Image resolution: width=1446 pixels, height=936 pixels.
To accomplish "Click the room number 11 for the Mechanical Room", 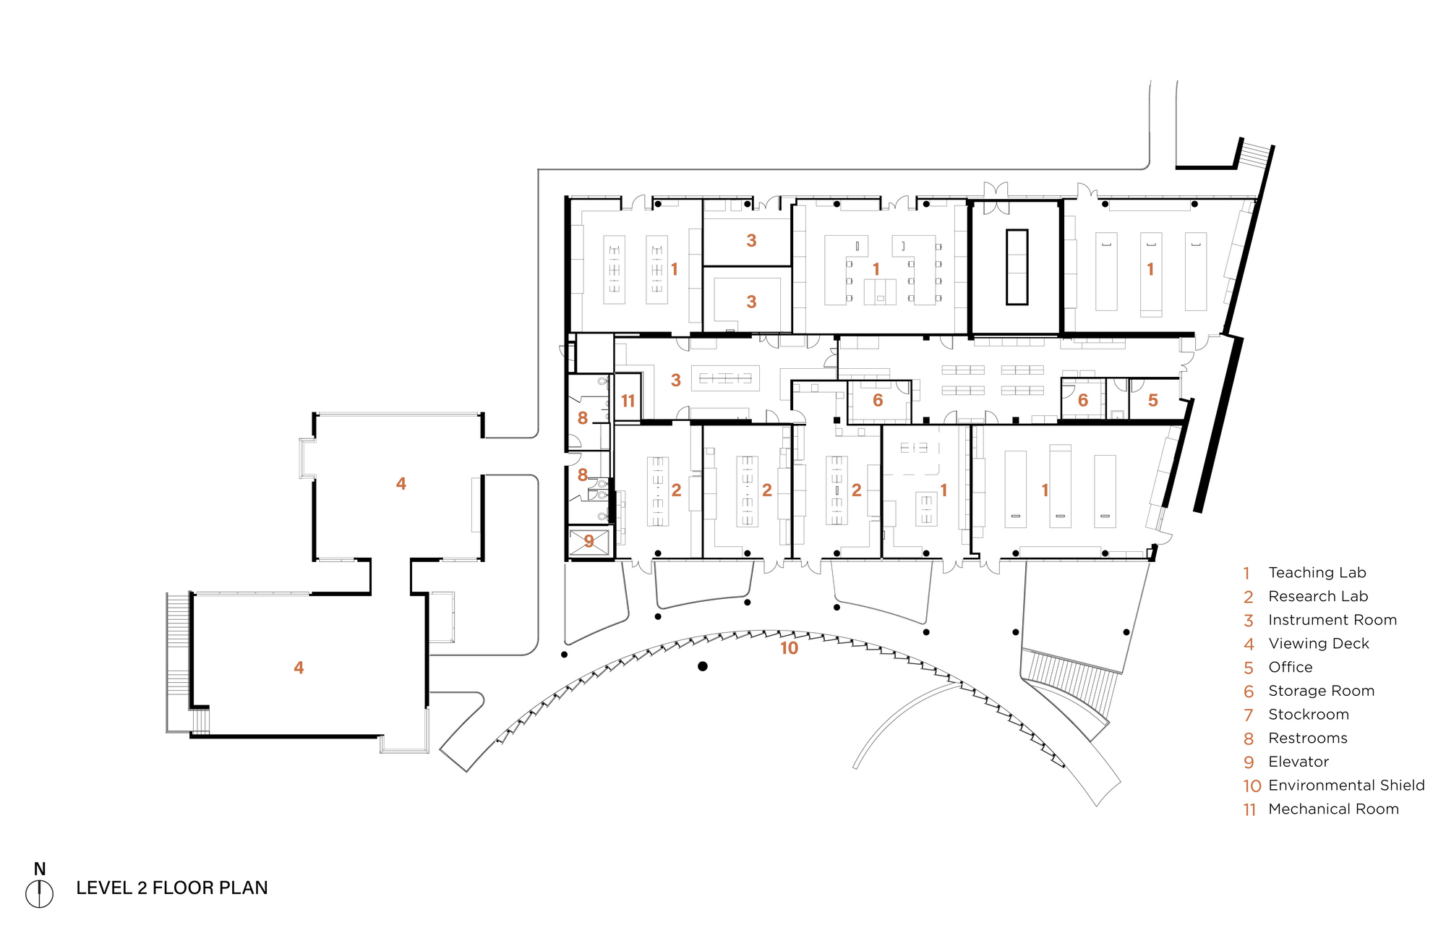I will click(628, 401).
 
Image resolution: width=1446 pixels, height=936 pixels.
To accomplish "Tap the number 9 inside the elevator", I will click(589, 541).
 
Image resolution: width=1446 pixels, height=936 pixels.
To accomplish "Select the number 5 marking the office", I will click(1152, 400).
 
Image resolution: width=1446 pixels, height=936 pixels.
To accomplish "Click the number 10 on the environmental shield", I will click(789, 648).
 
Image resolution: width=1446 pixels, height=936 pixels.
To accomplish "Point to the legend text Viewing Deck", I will click(1318, 643).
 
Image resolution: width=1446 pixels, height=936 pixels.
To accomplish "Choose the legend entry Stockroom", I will click(1308, 714).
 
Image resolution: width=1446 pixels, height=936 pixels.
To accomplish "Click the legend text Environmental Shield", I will click(1346, 785).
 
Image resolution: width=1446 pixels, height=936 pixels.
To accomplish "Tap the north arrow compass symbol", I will click(39, 894).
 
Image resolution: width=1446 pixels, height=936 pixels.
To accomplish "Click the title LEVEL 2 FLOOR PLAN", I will click(171, 888).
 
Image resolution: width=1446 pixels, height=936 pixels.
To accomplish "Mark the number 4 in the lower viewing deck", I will click(299, 668).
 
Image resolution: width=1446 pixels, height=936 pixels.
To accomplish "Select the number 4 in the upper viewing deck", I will click(401, 483).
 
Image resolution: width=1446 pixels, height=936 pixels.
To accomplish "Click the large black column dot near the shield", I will click(702, 666).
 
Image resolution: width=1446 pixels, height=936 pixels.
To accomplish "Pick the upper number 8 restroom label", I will click(582, 417).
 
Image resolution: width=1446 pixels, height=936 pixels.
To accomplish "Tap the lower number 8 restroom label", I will click(582, 475).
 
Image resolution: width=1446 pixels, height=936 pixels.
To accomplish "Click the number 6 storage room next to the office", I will click(1082, 400).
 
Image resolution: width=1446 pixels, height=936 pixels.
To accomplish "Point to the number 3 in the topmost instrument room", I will click(751, 240).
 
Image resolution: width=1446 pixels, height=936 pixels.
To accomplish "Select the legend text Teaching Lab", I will click(1317, 572).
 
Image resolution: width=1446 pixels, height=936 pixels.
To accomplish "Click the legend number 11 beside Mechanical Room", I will click(1249, 809).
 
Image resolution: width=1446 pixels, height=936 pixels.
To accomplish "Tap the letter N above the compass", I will click(40, 869).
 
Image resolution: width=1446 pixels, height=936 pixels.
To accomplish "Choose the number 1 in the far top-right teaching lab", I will click(1150, 269).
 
